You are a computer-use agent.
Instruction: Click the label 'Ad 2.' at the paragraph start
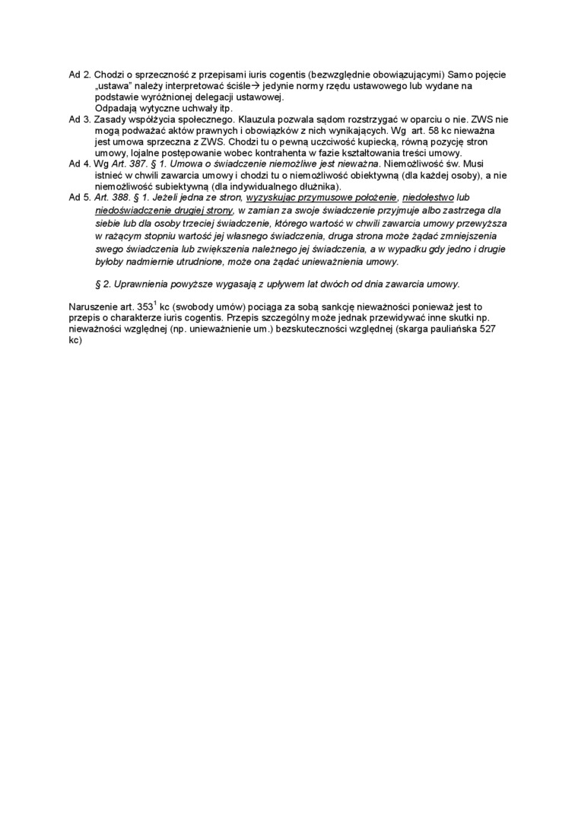coord(80,75)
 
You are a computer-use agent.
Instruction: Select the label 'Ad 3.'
coord(80,119)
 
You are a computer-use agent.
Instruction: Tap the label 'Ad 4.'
coord(80,164)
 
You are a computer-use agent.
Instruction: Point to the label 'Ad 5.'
coord(80,196)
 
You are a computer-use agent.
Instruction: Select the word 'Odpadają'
coord(113,108)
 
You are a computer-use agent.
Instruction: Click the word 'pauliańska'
coord(449,329)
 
